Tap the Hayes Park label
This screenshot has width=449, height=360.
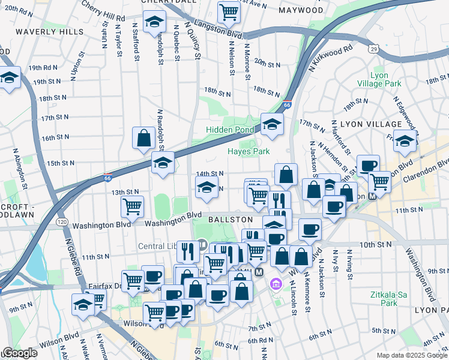[x=249, y=152]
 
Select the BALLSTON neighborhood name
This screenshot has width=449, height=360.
[x=230, y=220]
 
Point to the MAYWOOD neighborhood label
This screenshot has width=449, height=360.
[x=301, y=11]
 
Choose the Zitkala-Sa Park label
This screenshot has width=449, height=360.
[x=397, y=299]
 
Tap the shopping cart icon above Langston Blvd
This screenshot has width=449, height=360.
[x=229, y=11]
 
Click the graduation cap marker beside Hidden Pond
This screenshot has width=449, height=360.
[x=272, y=125]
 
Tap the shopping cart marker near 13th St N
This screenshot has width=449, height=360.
[x=132, y=206]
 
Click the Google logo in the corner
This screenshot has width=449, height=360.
[x=19, y=353]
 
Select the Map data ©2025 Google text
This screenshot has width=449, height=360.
[x=411, y=355]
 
